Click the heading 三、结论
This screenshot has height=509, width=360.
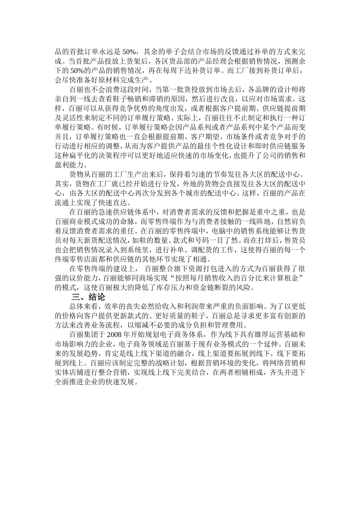click(x=88, y=297)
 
